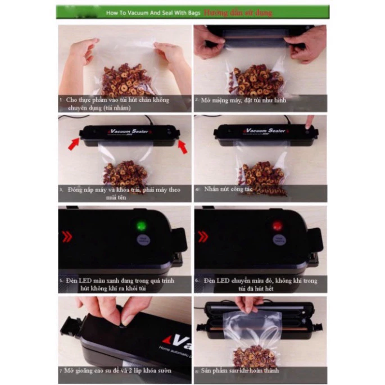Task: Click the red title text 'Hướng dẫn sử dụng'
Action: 238,12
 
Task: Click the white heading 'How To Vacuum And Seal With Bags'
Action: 153,12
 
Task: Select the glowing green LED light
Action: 141,226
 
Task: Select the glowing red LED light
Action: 277,226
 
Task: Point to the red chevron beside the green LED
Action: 66,237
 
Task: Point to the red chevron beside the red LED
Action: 202,237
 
